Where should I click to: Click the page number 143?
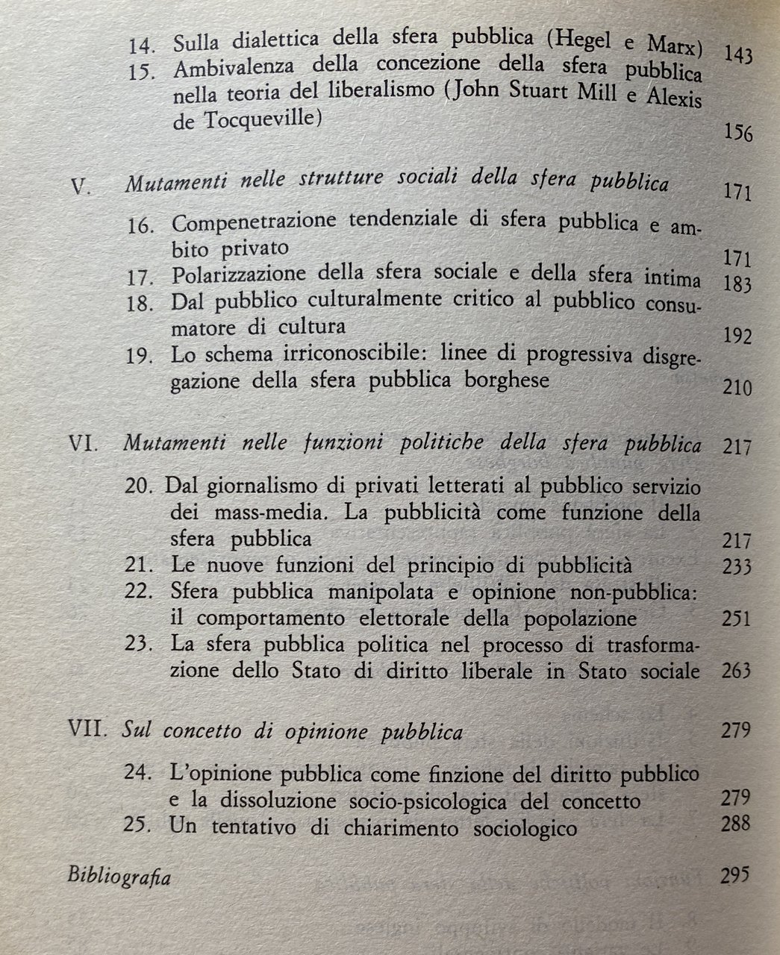point(737,56)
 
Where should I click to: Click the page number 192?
point(737,336)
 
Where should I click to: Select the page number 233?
point(737,566)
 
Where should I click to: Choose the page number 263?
point(737,671)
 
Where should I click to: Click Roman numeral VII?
point(87,730)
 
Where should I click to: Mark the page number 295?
point(734,874)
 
